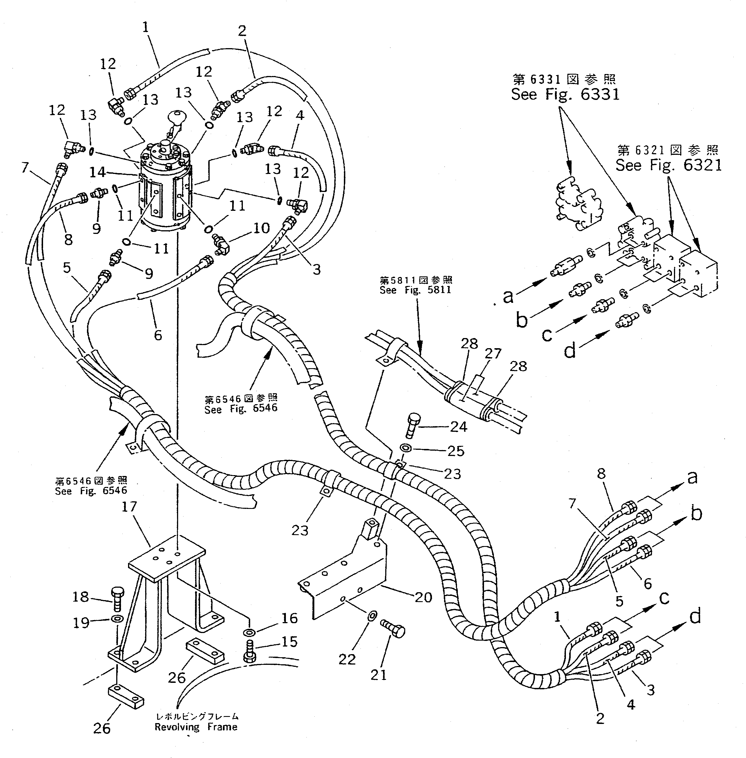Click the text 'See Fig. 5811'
(x=415, y=290)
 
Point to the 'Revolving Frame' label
(x=196, y=727)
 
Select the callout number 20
(x=423, y=597)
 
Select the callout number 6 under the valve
(x=158, y=335)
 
